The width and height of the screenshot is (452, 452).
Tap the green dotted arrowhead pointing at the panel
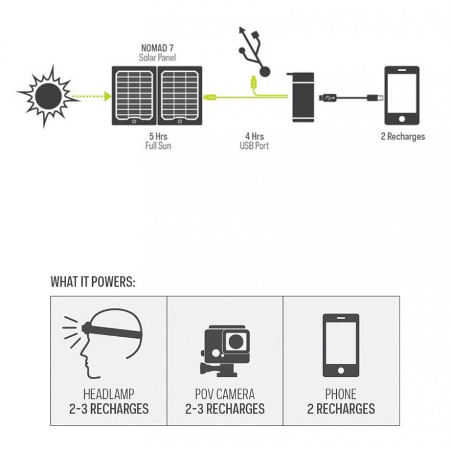point(108,96)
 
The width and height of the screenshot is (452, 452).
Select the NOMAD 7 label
point(157,48)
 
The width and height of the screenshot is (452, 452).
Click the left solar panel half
point(134,95)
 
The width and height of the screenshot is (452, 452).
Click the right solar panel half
point(180,95)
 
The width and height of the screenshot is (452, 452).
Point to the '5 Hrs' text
point(158,136)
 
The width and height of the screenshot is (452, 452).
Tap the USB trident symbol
point(253,51)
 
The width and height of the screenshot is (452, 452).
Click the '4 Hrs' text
point(254,136)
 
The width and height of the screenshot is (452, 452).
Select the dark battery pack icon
point(301,97)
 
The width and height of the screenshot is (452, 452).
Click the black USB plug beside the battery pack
point(327,98)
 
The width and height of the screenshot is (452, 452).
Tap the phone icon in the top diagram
point(402,95)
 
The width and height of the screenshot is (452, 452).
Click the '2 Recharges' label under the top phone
point(403,136)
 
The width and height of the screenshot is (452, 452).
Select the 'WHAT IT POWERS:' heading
point(93,281)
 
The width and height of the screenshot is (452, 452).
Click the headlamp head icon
point(103,343)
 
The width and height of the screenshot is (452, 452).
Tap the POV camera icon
point(225,351)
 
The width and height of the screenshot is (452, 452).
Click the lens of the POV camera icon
point(236,342)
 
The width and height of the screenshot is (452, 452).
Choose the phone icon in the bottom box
point(341,345)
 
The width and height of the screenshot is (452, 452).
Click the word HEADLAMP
point(108,394)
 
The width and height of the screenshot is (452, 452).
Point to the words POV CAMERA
point(225,394)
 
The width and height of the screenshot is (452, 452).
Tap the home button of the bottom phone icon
point(341,371)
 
